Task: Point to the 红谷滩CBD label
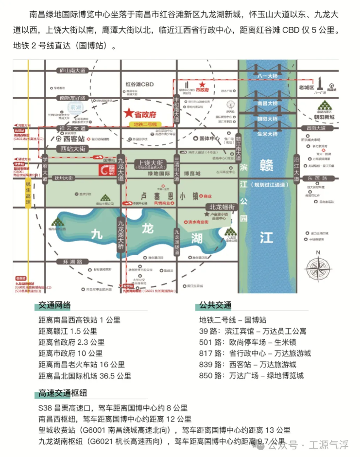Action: click(x=139, y=84)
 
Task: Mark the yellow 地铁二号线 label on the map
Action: click(x=146, y=124)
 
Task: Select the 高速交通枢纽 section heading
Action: click(x=63, y=393)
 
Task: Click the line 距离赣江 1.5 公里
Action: click(x=68, y=331)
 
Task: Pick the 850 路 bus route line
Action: click(x=251, y=375)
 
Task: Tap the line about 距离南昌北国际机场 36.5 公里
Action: click(x=85, y=375)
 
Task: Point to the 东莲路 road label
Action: click(x=317, y=178)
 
